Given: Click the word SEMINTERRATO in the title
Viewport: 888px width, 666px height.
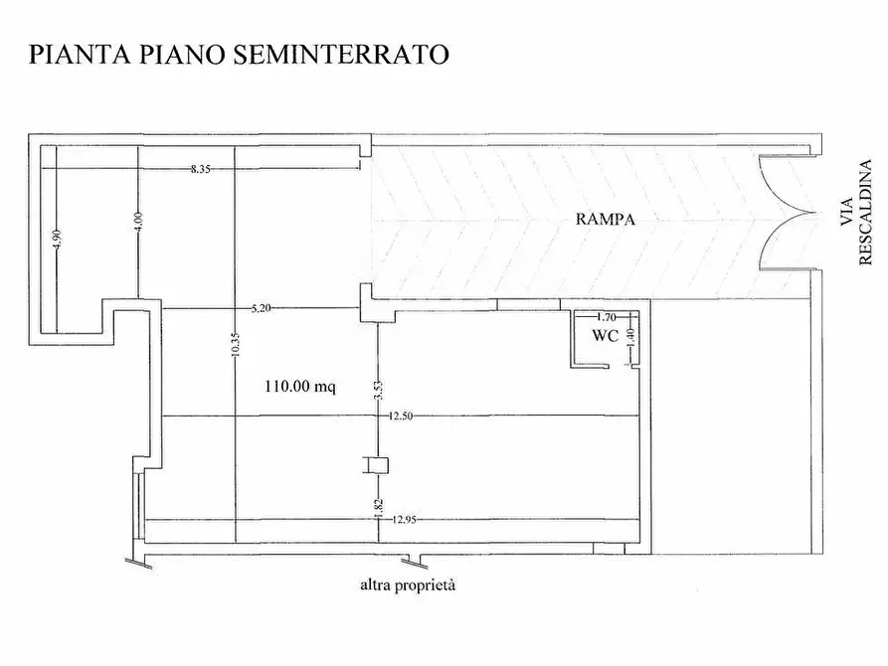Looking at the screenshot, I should click(341, 54).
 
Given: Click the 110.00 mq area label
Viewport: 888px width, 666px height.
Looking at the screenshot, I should click(299, 387).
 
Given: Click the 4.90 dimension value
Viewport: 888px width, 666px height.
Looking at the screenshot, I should click(58, 239).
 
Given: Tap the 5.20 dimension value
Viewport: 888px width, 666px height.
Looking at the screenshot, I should click(261, 308).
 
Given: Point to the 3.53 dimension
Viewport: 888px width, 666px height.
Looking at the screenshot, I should click(378, 391).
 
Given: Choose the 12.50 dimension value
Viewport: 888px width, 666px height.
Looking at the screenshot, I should click(400, 416).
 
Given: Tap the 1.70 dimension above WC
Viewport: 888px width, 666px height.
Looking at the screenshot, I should click(606, 317).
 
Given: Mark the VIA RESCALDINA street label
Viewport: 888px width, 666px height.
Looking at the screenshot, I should click(856, 214).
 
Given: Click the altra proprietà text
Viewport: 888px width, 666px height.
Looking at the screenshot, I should click(408, 584).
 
